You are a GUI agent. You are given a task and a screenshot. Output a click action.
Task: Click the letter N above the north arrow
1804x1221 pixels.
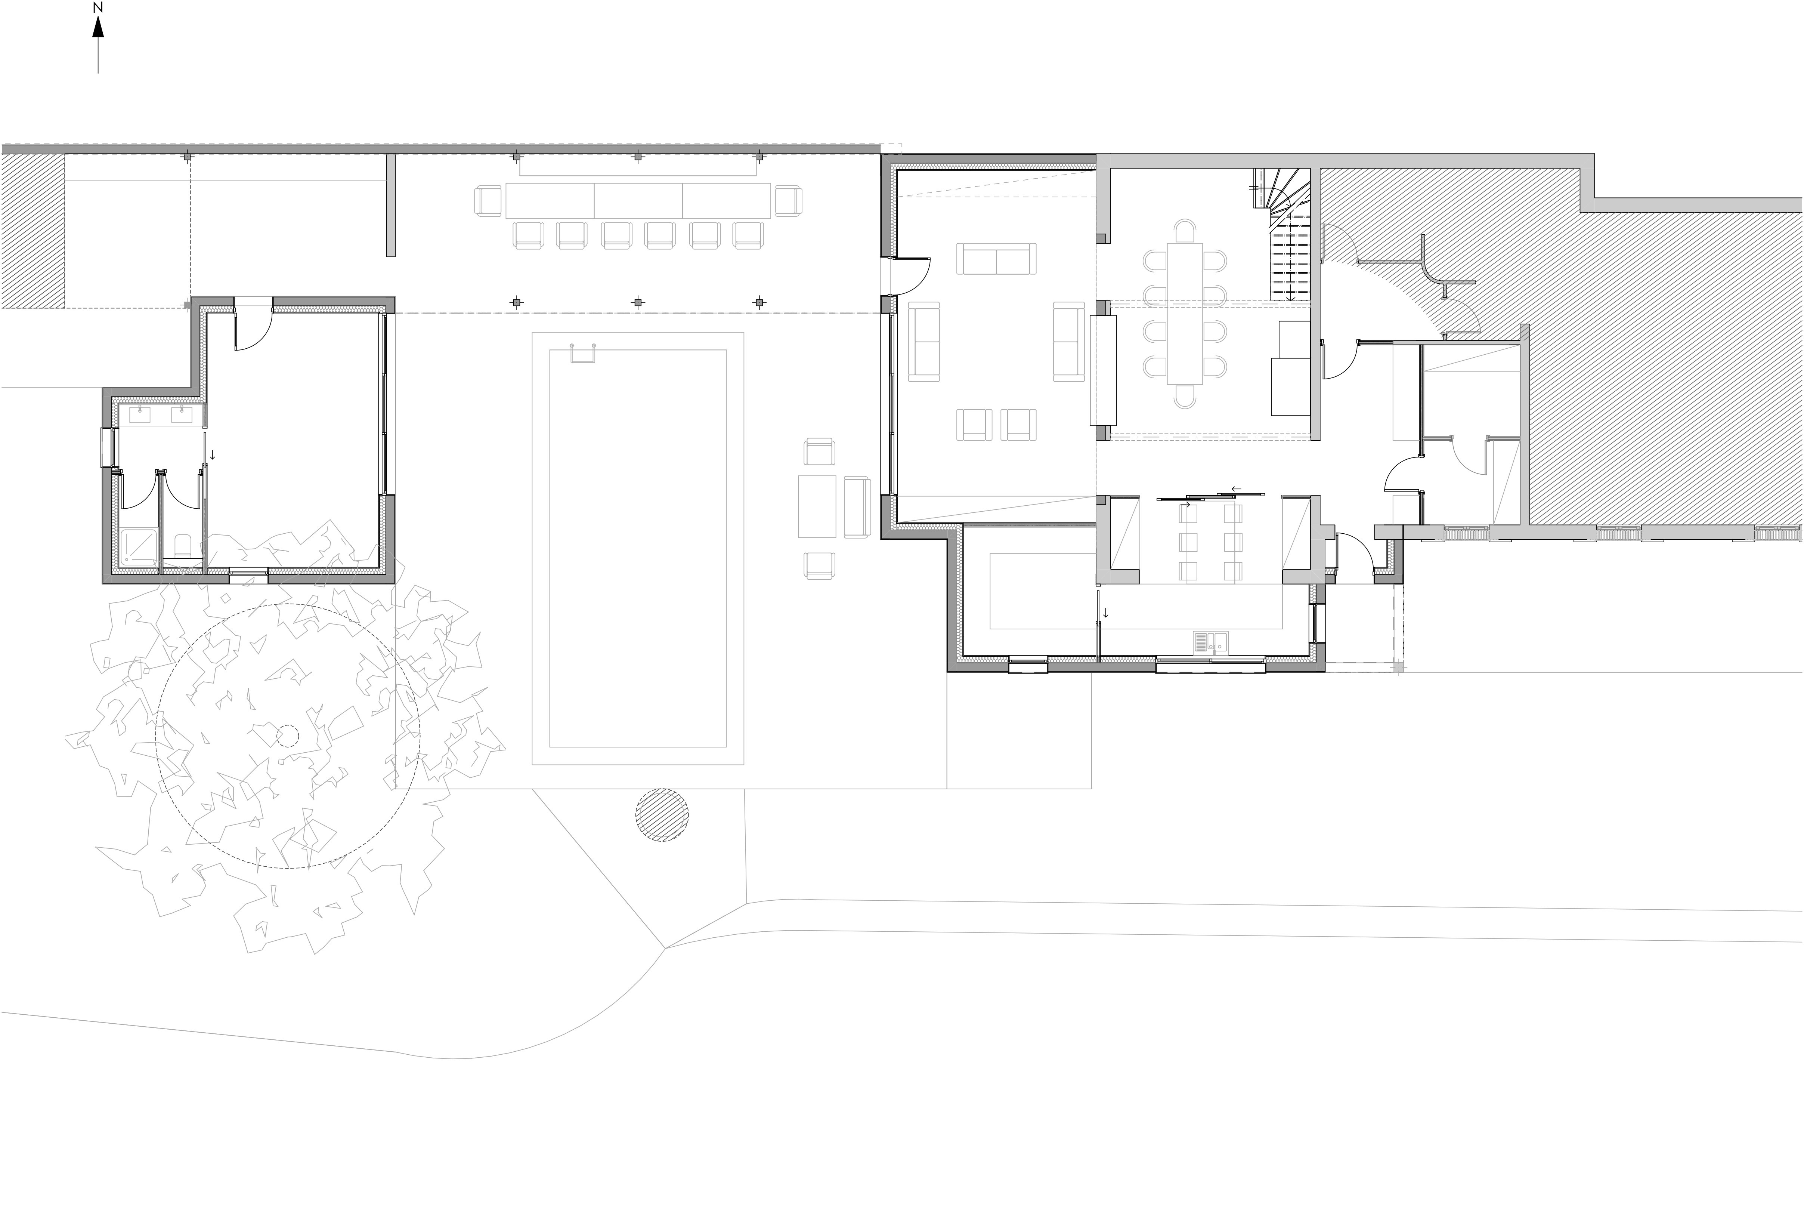coord(98,8)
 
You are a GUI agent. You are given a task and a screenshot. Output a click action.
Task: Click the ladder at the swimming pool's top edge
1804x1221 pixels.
coord(583,351)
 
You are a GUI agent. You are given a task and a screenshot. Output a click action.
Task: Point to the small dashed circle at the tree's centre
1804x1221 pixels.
coord(287,736)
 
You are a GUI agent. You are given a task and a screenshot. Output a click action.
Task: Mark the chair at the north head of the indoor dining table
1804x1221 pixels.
coord(1185,231)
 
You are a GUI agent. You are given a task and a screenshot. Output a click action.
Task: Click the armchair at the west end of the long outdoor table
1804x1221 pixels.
coord(488,201)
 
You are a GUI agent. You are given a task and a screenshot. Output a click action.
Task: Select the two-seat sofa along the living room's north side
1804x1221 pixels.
coord(996,259)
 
